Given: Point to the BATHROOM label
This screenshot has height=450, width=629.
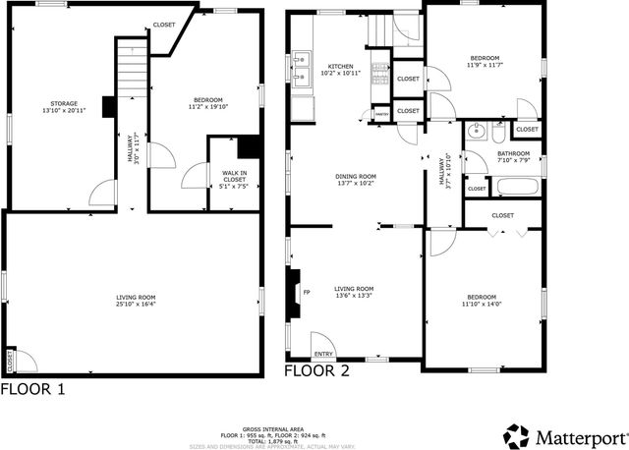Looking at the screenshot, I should pos(513,154).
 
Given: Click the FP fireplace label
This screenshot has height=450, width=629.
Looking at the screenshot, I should pos(306,292).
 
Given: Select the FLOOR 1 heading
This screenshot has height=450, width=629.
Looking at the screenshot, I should pos(33,389).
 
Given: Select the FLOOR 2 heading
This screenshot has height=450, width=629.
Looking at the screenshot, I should pos(316,371).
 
